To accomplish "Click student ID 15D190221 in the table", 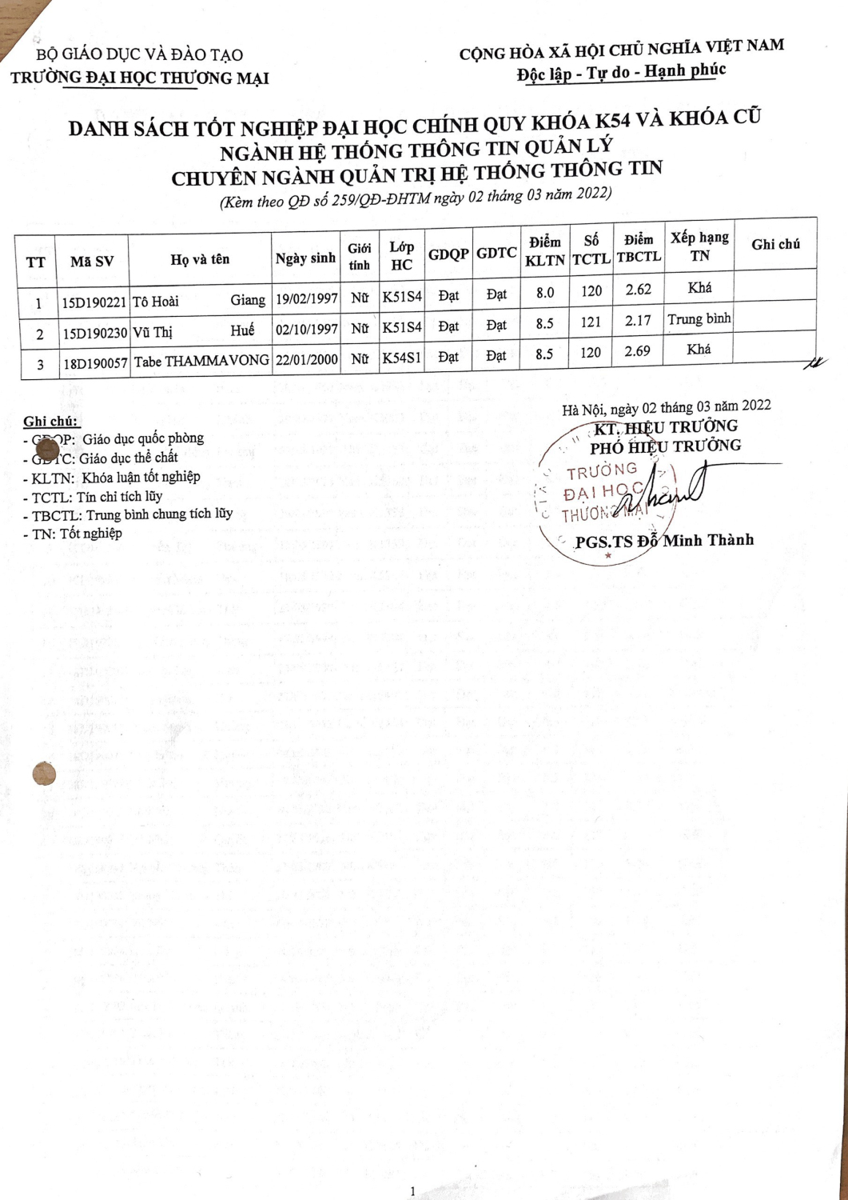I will (94, 302).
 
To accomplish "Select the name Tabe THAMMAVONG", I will (201, 362).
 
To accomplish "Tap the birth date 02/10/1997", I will (306, 329).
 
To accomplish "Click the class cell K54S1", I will (401, 358).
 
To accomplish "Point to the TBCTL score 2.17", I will (638, 321).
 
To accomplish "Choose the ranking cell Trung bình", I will (699, 319).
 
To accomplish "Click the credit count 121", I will (591, 322).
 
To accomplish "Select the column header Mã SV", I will (92, 262).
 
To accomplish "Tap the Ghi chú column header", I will (775, 245).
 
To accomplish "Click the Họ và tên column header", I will (200, 259).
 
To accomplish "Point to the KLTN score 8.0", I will (545, 293).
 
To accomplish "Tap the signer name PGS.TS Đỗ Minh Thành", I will (664, 541).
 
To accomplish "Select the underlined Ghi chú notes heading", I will (51, 422).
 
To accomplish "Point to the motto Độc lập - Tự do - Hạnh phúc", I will (621, 73).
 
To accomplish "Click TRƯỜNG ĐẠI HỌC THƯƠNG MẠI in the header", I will (140, 78).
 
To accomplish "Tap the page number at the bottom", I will (412, 1191).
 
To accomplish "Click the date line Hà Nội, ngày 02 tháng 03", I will (666, 408).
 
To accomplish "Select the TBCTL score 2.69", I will (638, 351).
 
